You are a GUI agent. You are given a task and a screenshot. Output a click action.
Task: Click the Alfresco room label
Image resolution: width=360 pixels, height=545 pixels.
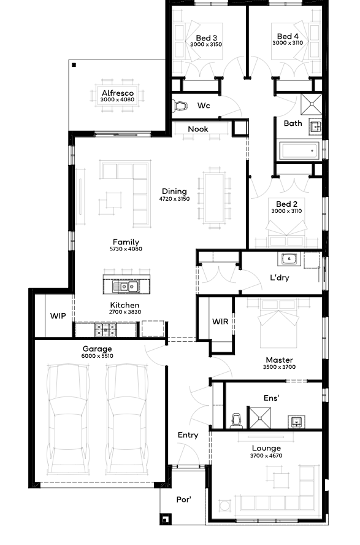pos(118,93)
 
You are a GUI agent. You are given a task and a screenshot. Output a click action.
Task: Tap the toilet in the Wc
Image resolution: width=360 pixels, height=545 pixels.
pos(180,106)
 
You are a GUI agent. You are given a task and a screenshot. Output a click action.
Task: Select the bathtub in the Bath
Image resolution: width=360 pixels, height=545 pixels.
pos(299,151)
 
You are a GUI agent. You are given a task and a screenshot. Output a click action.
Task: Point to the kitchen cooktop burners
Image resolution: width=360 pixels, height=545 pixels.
pos(105,330)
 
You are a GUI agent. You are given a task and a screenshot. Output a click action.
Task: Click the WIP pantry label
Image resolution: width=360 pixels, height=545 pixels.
pos(58,316)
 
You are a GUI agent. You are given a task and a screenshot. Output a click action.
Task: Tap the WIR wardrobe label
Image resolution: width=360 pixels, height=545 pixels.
pos(220,322)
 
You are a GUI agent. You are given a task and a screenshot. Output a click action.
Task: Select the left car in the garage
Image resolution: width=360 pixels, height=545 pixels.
pos(68,419)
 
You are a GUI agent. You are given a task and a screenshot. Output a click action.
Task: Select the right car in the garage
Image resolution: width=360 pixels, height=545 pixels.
pos(127,419)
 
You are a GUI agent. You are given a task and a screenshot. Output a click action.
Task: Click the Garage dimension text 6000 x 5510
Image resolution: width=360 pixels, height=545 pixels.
pos(97,356)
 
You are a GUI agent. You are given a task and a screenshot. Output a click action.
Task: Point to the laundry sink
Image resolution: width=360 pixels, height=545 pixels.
pos(289,259)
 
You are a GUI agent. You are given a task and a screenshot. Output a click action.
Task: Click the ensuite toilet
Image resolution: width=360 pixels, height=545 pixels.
pos(236,421)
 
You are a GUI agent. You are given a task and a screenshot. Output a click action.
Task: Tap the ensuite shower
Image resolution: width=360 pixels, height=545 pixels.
pos(259,418)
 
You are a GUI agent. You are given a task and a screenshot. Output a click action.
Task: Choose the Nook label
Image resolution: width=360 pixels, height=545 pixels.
pos(198,129)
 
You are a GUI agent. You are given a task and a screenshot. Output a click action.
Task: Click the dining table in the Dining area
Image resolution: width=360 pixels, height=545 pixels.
pos(214,198)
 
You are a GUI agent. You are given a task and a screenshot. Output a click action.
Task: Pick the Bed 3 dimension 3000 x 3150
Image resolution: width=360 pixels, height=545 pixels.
pos(206,44)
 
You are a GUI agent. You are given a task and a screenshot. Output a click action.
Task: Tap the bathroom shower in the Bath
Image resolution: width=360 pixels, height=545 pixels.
pos(312,104)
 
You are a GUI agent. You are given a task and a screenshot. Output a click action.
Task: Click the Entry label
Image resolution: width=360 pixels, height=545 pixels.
pos(188,435)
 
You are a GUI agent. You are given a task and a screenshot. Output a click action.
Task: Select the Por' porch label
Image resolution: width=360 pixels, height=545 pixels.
pos(183,500)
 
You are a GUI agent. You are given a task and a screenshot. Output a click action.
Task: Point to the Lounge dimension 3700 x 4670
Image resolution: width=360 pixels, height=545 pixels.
pos(266,455)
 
